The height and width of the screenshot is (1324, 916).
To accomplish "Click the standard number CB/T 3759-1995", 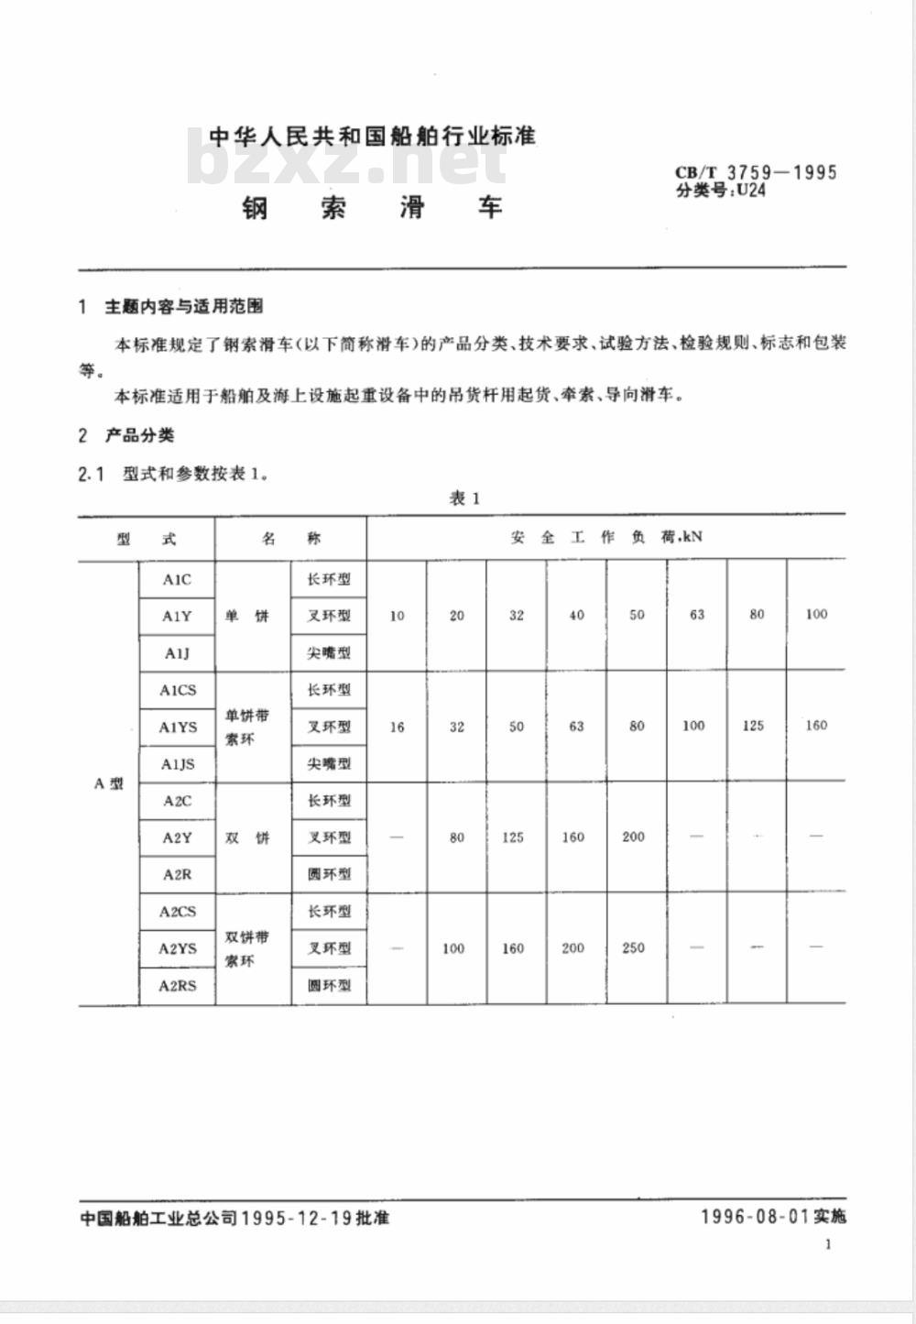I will tap(756, 172).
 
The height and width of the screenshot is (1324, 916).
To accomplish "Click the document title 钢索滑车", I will tap(372, 208).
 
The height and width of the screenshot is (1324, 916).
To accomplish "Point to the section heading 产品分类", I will tap(139, 435).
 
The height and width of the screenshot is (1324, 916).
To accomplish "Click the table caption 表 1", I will tap(463, 498).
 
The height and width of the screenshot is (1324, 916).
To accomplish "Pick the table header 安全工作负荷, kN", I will tap(605, 537).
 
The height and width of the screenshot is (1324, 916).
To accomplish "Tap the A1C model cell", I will tap(177, 579).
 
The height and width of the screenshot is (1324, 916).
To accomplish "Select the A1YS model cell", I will tap(178, 727).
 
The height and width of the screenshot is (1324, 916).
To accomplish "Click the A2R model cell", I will tap(177, 874).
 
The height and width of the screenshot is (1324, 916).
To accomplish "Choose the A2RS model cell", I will tap(177, 986).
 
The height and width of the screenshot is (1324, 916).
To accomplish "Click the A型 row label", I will tap(108, 783).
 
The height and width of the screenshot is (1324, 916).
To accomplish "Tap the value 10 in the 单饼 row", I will tap(397, 616).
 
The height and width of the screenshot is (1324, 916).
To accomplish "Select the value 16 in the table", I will tap(397, 727).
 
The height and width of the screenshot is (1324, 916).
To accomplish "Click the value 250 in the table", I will tap(633, 948).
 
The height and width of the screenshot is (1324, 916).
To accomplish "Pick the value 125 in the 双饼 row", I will tap(513, 837).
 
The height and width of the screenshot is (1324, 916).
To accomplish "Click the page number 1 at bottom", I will tap(828, 1244).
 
